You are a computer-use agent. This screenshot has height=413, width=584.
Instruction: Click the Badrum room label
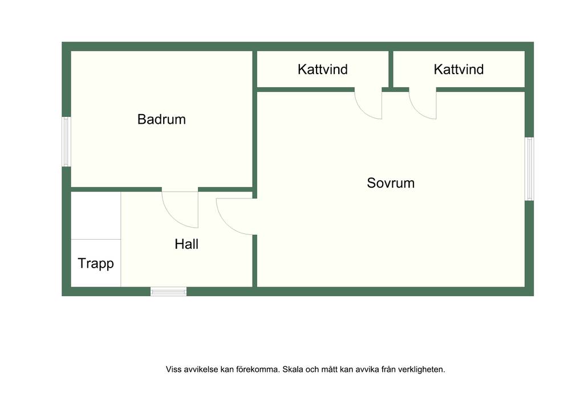point(161,119)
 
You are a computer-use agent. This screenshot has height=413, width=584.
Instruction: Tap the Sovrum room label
point(391,183)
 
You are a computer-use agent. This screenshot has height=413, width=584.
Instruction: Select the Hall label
point(186,244)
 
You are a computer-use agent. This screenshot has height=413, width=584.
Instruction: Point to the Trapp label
point(96,264)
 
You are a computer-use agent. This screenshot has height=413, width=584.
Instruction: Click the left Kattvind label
point(323,69)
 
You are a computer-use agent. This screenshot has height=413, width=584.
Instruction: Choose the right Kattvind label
point(459,69)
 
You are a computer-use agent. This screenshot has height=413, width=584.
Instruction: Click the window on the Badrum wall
point(66,141)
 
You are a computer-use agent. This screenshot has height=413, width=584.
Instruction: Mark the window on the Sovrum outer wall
point(529,169)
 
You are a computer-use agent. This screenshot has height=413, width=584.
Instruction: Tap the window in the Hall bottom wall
point(168,291)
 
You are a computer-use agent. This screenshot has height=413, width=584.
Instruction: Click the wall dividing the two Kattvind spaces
point(391,69)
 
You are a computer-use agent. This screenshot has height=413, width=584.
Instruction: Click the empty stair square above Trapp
point(96,216)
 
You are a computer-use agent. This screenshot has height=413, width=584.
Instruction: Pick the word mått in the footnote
point(330,370)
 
